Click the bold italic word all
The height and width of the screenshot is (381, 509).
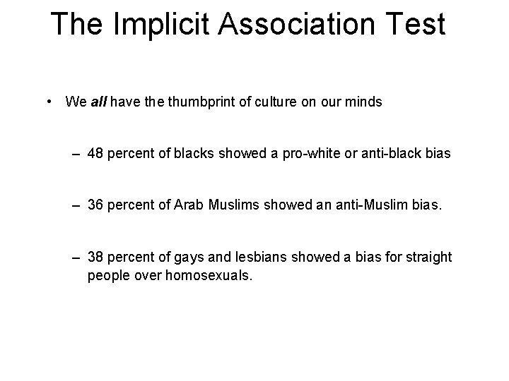point(98,102)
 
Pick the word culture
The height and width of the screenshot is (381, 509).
point(284,102)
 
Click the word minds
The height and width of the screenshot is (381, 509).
point(365,102)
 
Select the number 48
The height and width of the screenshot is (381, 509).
point(95,154)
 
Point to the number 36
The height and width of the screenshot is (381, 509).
point(95,205)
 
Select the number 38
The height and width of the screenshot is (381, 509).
point(95,258)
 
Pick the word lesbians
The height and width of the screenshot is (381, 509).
point(252,258)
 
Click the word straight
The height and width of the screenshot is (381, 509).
point(428,258)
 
